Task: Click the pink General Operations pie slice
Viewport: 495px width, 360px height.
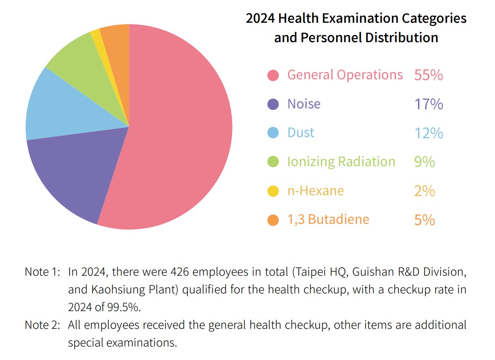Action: tap(177, 126)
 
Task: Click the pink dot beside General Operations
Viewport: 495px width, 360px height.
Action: tap(273, 75)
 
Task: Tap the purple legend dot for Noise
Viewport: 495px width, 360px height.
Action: tap(273, 104)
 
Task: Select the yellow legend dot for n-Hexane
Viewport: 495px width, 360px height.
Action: tap(273, 191)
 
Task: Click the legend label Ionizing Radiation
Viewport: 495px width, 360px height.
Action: tap(341, 162)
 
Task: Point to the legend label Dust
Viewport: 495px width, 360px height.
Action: tap(301, 133)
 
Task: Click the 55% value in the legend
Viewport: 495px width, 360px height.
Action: tap(428, 75)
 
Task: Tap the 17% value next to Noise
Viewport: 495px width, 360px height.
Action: tap(428, 104)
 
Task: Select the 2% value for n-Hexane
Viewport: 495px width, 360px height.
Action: tap(424, 191)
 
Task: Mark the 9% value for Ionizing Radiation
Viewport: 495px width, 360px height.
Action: tap(424, 162)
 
